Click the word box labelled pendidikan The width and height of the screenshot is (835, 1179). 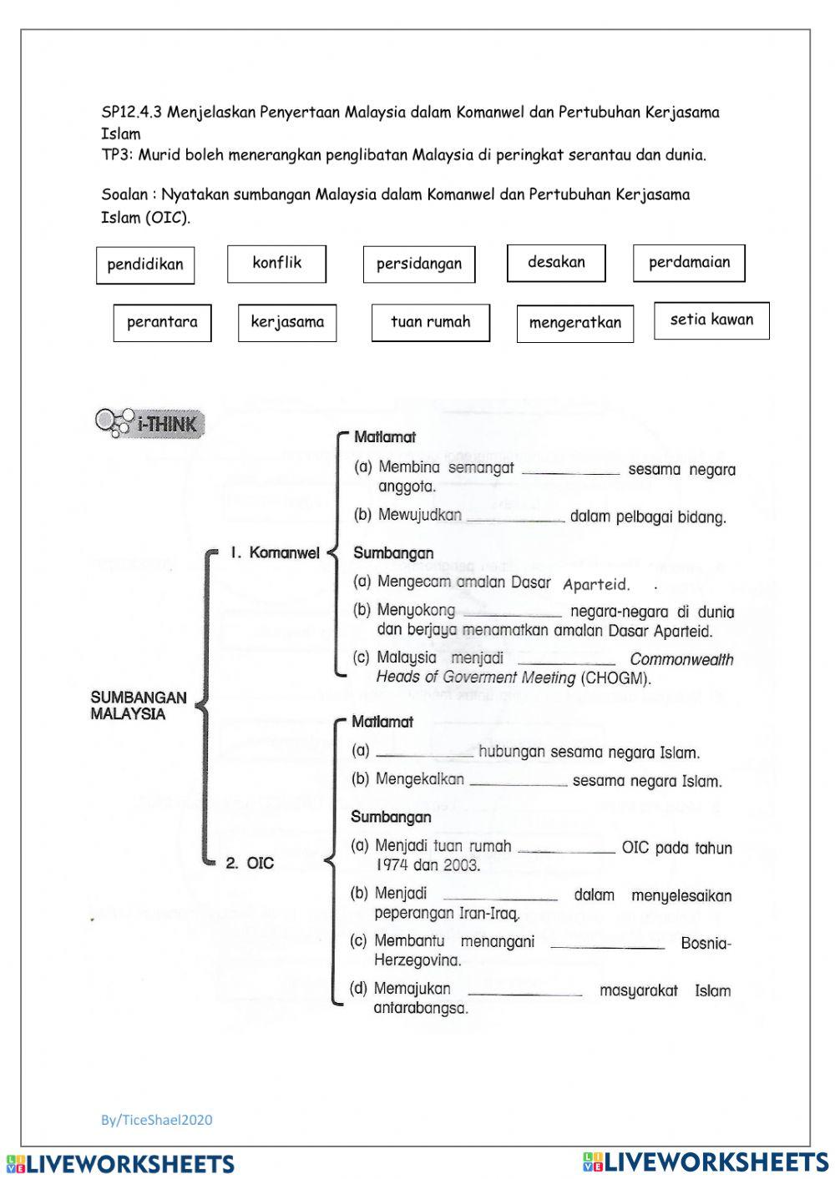[x=145, y=265]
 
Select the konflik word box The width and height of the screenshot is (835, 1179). [x=276, y=264]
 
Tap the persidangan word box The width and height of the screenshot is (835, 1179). [x=419, y=265]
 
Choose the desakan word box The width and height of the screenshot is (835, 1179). [x=556, y=263]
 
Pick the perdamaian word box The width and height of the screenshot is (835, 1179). [x=689, y=263]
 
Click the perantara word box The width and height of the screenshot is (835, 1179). [x=162, y=323]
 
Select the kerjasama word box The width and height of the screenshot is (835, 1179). [x=287, y=323]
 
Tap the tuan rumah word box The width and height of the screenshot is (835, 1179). [x=430, y=323]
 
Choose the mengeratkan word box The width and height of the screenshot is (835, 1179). [x=575, y=324]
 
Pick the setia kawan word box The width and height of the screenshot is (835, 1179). [x=711, y=320]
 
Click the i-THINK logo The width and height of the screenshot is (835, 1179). [x=150, y=423]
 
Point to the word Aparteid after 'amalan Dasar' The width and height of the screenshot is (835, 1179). [x=596, y=585]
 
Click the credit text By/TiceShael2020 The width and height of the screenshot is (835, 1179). [x=157, y=1120]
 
